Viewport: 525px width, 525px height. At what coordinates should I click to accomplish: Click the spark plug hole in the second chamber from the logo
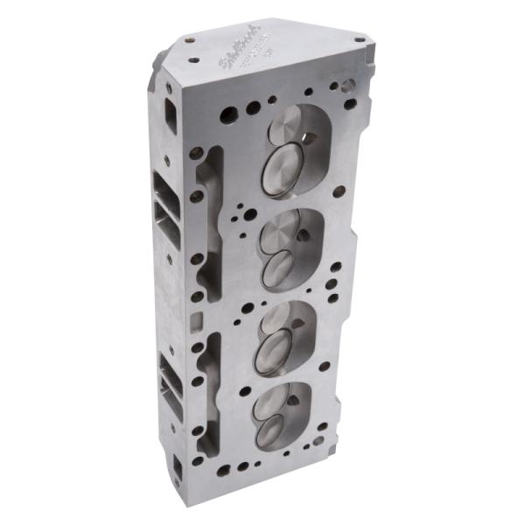pos(302,234)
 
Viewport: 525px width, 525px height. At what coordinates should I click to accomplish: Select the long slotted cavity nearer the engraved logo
pos(211,223)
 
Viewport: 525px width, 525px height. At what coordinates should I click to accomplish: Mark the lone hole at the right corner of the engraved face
pos(359,40)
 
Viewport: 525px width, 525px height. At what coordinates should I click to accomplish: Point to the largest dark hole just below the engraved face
pos(228,114)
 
